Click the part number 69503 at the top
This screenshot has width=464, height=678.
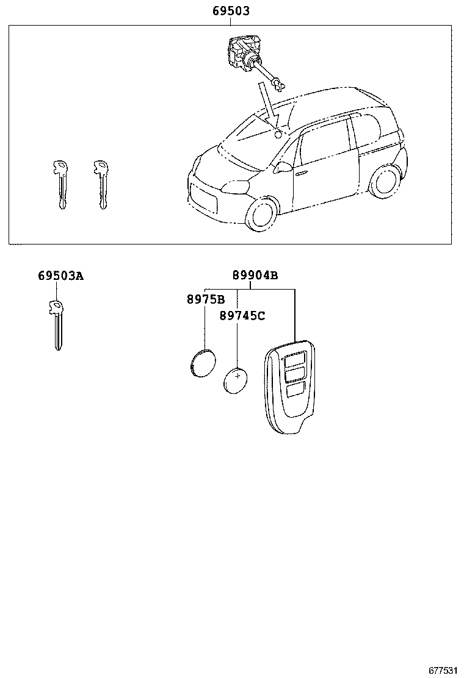pyautogui.click(x=231, y=11)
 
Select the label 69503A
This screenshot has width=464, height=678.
pyautogui.click(x=60, y=276)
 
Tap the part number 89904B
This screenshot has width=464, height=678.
pyautogui.click(x=255, y=276)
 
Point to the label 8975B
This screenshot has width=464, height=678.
pyautogui.click(x=205, y=300)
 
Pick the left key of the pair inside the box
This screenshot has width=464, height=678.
pyautogui.click(x=59, y=183)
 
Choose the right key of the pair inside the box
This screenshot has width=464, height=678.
pyautogui.click(x=101, y=183)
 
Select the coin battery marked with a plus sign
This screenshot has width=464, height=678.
pyautogui.click(x=236, y=379)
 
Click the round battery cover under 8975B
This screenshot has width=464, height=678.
pyautogui.click(x=201, y=362)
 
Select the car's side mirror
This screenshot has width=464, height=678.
pyautogui.click(x=282, y=166)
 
